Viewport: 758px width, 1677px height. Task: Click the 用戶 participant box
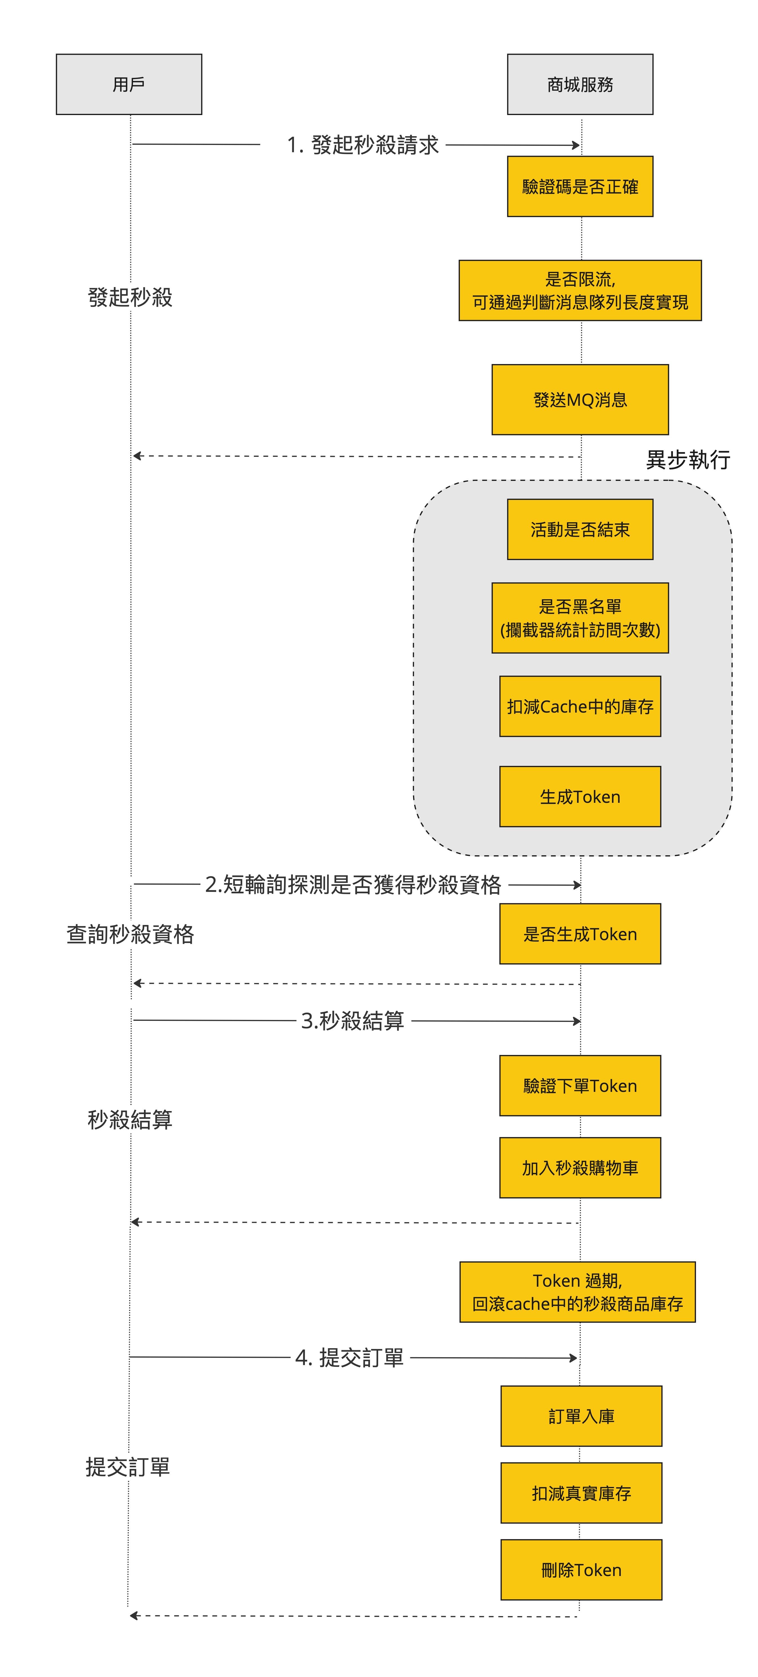(x=129, y=85)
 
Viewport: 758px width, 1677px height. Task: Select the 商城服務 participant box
(x=580, y=85)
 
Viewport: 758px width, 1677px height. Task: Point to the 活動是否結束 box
(x=580, y=529)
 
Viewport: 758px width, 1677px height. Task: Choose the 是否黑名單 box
(x=580, y=618)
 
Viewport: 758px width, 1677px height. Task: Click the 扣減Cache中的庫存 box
(x=580, y=706)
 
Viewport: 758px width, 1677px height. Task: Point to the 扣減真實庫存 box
(x=581, y=1493)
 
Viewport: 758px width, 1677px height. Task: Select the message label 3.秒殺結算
(x=353, y=1020)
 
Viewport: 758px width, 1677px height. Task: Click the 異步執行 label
(x=688, y=460)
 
